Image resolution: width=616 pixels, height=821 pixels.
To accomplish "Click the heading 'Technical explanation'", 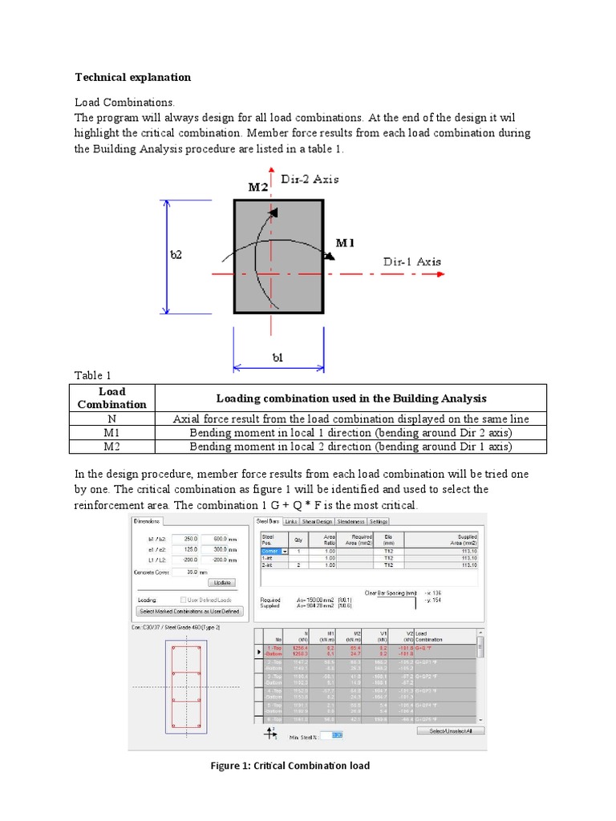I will point(133,78).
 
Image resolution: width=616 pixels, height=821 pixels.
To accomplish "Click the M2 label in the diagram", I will point(258,187).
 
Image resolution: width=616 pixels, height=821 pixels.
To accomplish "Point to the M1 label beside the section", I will point(346,242).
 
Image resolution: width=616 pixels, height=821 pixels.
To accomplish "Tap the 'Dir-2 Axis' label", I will point(310,179).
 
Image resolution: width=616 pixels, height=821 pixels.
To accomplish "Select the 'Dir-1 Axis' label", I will point(411,261).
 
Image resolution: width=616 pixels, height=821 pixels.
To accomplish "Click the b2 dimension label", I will point(176,255).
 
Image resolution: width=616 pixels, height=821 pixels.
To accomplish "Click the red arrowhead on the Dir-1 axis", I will point(440,273).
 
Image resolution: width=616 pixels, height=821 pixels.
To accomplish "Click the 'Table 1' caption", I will point(93,375).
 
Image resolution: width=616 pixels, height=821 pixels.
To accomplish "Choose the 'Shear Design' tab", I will point(318,521).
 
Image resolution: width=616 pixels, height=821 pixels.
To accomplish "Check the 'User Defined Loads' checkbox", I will point(184,599).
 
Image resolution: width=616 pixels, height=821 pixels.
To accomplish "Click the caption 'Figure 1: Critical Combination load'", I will point(290,766).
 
